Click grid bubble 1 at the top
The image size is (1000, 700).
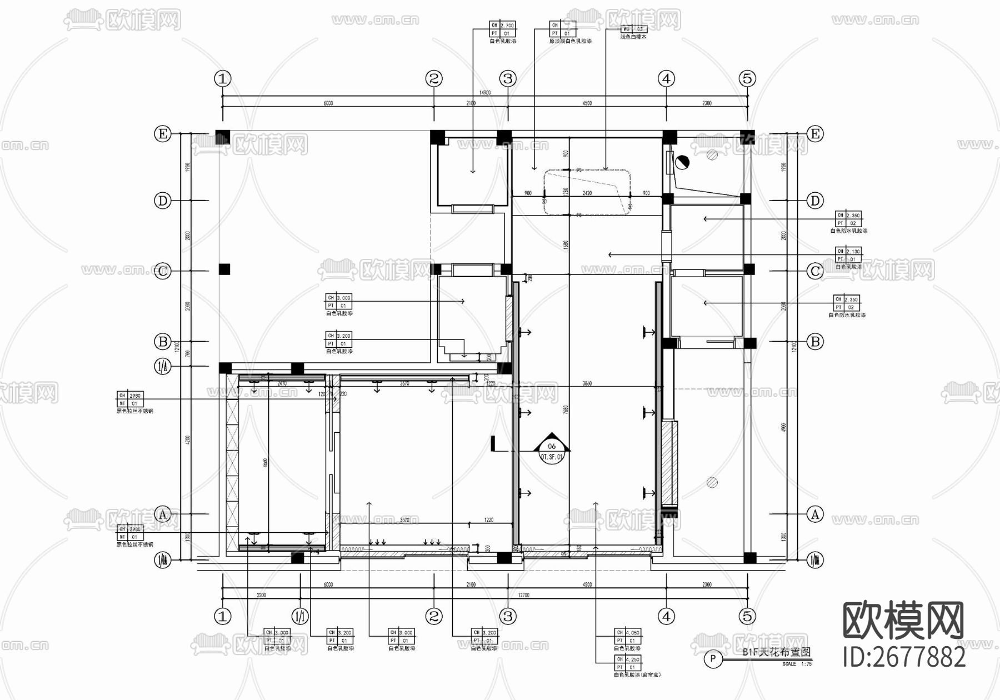click(222, 79)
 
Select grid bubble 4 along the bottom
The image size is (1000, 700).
click(666, 616)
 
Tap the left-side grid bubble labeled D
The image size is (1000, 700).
click(162, 201)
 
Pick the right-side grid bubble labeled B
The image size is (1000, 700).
click(815, 342)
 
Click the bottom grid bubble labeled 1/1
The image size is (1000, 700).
click(300, 616)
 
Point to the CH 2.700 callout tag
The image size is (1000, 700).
click(503, 29)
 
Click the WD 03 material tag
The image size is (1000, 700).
click(633, 29)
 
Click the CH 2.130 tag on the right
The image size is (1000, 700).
click(848, 255)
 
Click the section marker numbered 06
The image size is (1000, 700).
click(552, 446)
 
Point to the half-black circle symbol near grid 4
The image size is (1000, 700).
click(682, 162)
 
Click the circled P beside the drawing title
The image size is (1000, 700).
click(713, 659)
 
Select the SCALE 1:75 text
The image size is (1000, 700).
click(797, 664)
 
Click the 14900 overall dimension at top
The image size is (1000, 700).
click(484, 93)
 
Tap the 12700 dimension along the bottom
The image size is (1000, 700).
click(523, 595)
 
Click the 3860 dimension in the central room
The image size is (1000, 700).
click(587, 384)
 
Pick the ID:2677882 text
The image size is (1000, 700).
click(904, 657)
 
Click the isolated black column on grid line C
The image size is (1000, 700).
click(224, 269)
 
